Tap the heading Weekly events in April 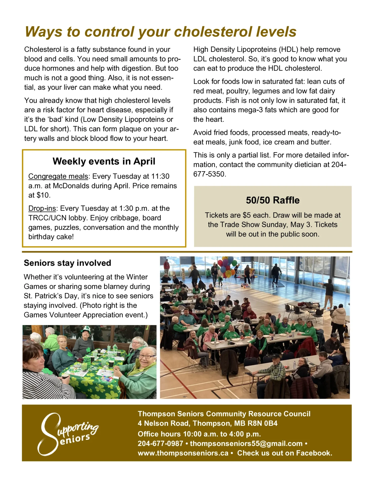pos(104,161)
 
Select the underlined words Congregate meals pos(58,176)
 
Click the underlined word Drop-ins pos(42,208)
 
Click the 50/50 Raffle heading pos(273,200)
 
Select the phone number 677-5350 pos(209,174)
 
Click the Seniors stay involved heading pos(67,263)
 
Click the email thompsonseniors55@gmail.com pos(246,444)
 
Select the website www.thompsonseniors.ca pos(183,453)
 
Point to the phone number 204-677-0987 pos(160,444)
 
